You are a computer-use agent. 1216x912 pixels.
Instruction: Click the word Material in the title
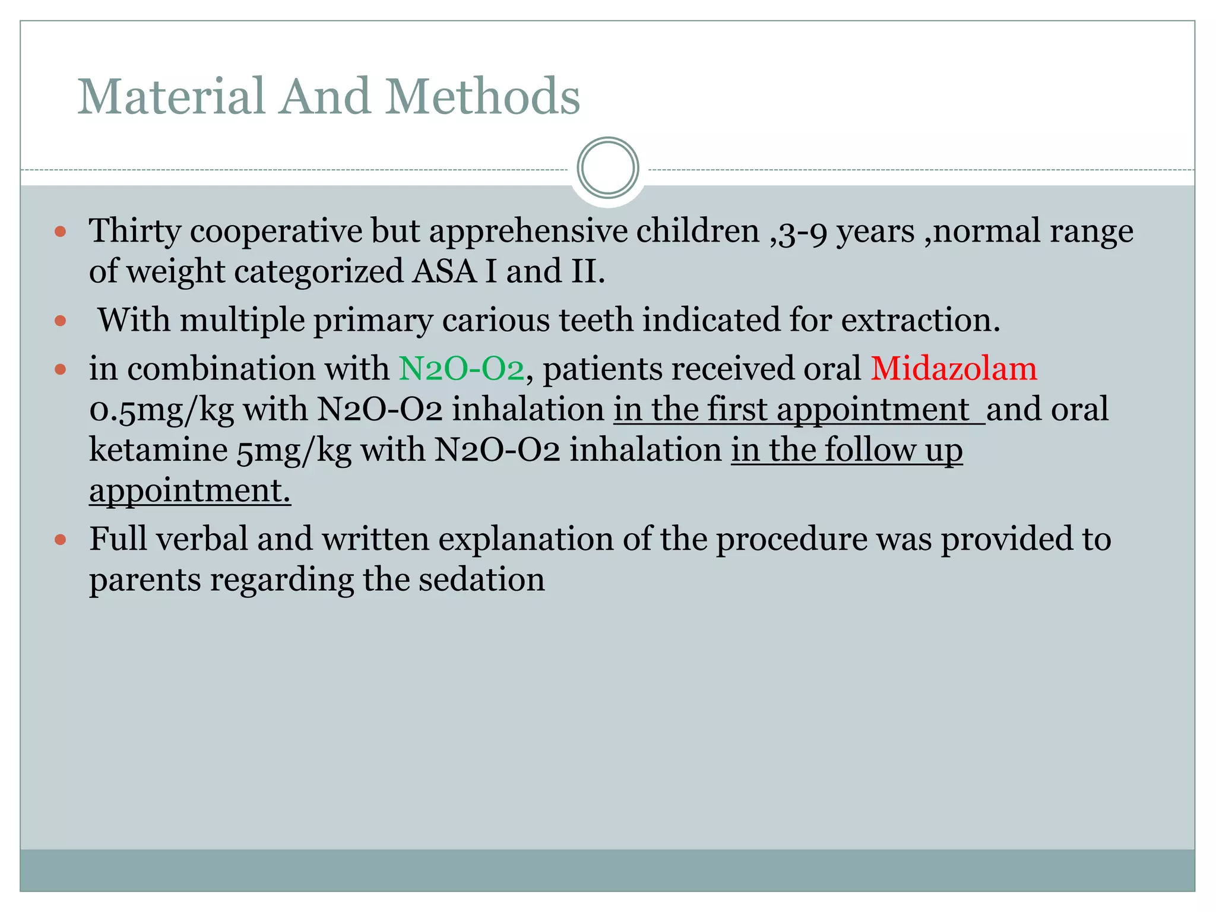tap(171, 96)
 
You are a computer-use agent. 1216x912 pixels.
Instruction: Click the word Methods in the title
tap(483, 96)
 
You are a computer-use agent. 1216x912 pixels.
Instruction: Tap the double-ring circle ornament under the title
tap(607, 168)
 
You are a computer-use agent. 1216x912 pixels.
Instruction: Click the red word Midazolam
tap(954, 368)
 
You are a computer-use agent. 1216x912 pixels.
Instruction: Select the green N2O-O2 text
tap(461, 368)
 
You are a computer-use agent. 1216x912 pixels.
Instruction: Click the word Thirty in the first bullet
tap(135, 230)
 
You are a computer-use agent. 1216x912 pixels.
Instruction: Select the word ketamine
tap(159, 449)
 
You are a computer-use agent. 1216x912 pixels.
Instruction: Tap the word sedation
tap(482, 579)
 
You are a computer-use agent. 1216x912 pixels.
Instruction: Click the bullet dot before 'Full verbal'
tap(61, 540)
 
